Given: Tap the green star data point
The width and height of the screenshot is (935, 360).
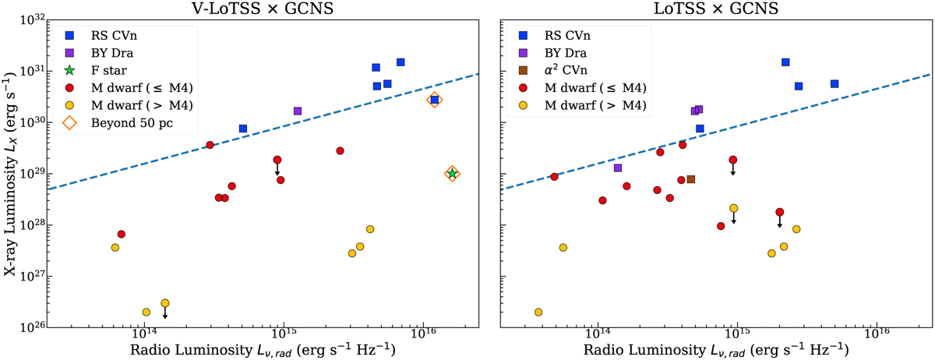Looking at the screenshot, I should point(452,174).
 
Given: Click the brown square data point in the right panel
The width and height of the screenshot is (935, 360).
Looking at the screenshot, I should point(690,179).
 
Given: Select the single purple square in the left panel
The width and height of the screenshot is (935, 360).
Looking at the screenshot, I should point(298,111).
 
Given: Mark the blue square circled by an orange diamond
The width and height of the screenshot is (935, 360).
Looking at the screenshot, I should point(435,100).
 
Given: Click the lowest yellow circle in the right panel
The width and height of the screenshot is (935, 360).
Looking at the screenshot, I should point(538,312).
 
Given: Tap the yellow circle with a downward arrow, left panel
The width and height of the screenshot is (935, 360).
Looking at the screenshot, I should point(164,303).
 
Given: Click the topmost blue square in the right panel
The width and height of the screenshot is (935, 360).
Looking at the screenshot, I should point(785,62).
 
